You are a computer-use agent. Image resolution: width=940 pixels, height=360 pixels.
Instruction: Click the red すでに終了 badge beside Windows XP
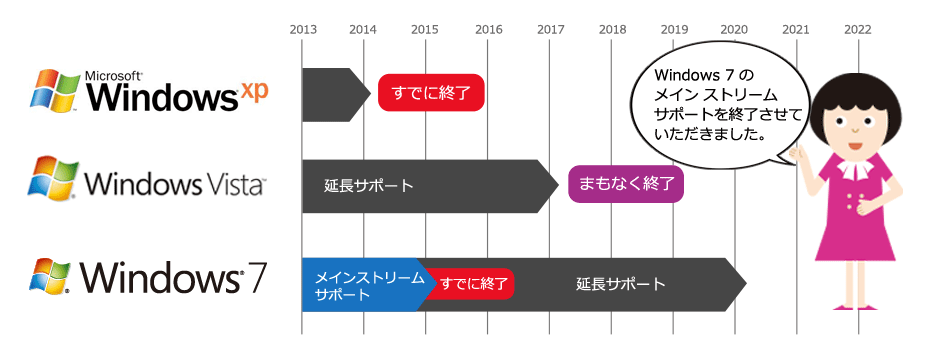pyautogui.click(x=431, y=92)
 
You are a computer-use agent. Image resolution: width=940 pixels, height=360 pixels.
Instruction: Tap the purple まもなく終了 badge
pyautogui.click(x=626, y=185)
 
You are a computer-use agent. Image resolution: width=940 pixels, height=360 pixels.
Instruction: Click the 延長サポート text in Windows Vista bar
pyautogui.click(x=369, y=186)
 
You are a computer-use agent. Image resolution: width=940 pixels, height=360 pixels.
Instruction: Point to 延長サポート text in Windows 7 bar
pyautogui.click(x=621, y=284)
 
